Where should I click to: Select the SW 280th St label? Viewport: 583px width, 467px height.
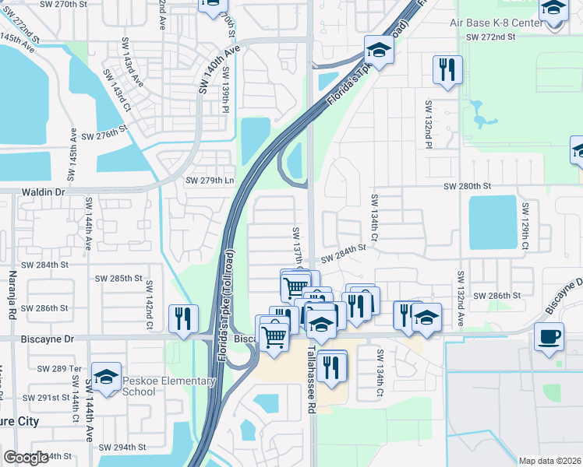coord(467,187)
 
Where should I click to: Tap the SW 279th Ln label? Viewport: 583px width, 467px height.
coord(209,181)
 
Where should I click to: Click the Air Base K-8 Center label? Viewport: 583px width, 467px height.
coord(496,23)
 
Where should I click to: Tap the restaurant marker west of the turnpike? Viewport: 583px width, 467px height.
coord(183,319)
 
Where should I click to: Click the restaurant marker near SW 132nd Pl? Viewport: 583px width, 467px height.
coord(447,71)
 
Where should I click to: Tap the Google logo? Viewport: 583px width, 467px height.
coord(26,458)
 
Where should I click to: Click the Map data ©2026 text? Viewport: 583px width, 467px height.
coord(549,461)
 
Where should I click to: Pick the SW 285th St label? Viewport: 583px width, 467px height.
coord(118,278)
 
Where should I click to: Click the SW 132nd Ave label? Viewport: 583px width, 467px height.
coord(461,299)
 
